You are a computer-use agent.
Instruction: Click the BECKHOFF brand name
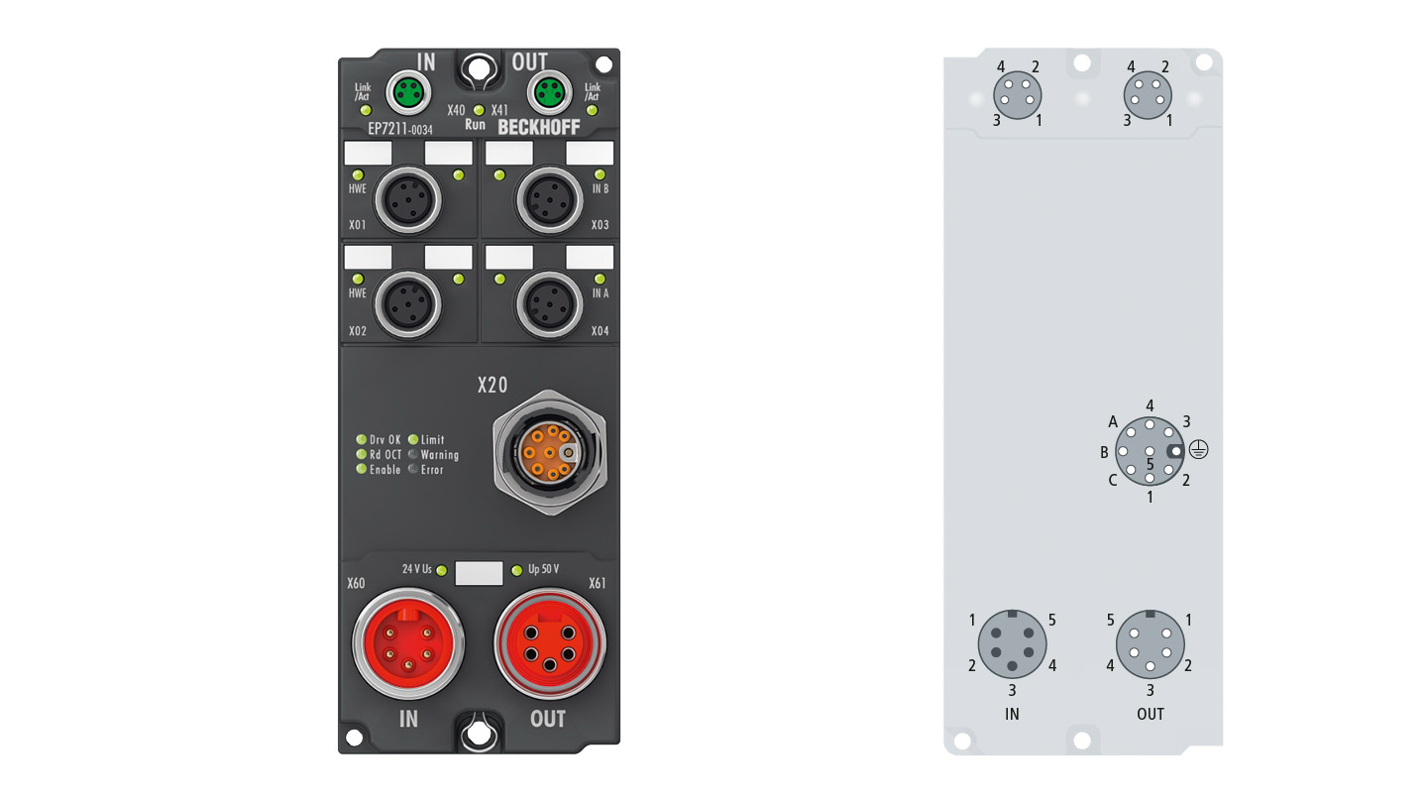pos(539,128)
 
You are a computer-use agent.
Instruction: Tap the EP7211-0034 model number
pos(400,129)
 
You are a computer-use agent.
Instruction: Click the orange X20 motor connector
pos(550,452)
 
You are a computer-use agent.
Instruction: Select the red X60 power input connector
pos(408,643)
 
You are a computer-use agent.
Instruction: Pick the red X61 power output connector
pos(550,643)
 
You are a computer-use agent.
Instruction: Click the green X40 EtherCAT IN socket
pos(408,93)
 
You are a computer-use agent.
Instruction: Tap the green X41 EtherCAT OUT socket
pos(549,93)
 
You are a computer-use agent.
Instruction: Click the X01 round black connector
pos(407,200)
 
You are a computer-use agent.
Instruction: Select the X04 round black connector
pos(549,304)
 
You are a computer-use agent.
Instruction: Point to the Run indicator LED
pos(479,110)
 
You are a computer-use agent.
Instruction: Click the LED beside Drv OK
pos(361,440)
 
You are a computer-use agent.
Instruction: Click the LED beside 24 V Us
pos(442,570)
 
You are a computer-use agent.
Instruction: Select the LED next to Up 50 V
pos(516,570)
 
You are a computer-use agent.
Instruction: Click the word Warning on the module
pos(440,455)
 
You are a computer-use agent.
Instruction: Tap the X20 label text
pos(493,385)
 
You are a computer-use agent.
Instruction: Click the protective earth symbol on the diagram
pos(1198,449)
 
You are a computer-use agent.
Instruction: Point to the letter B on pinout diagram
pos(1105,452)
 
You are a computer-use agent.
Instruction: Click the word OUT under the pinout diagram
pos(1150,714)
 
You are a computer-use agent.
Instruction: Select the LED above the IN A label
pos(600,280)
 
